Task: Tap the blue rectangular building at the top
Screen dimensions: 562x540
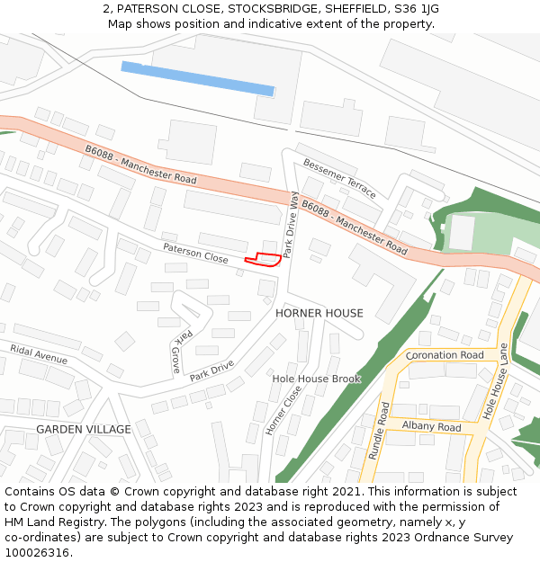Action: point(198,78)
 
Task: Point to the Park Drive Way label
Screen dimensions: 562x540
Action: point(291,225)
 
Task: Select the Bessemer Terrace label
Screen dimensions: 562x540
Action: point(339,178)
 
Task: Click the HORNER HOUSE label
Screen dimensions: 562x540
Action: point(319,313)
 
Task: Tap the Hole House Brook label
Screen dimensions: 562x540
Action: point(316,379)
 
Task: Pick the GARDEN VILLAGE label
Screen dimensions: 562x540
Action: point(84,430)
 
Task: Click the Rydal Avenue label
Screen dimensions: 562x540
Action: point(39,353)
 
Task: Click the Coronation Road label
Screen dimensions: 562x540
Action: point(445,355)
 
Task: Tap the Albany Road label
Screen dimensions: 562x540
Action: point(431,427)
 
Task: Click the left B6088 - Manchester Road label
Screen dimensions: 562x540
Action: point(140,165)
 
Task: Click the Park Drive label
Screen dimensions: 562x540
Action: point(211,370)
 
